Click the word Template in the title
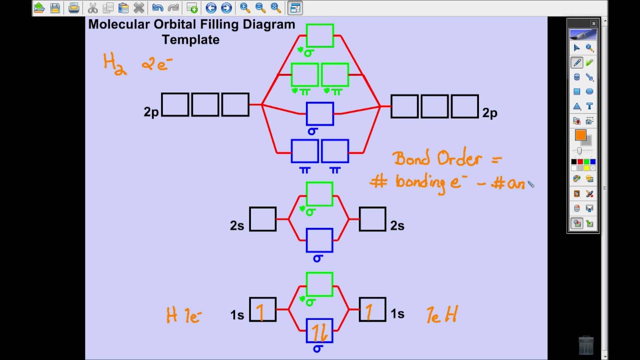click(190, 40)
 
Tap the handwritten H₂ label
click(114, 64)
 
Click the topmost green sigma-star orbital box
click(320, 35)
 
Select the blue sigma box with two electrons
click(319, 330)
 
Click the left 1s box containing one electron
click(262, 309)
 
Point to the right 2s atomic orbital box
click(372, 219)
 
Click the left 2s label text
click(237, 226)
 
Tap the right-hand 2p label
click(489, 113)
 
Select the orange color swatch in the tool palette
click(580, 135)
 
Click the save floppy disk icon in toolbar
click(55, 8)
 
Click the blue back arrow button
click(211, 8)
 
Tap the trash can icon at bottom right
click(585, 344)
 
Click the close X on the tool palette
click(593, 23)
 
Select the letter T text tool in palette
click(589, 106)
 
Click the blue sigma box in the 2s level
click(319, 240)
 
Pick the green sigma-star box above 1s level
click(319, 284)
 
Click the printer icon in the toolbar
click(73, 8)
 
